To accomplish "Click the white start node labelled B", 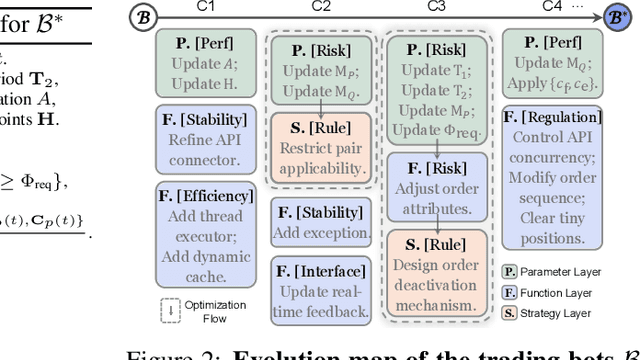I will point(143,16).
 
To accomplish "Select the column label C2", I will point(323,7).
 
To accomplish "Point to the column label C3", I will point(436,7).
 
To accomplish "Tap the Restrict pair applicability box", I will point(322,147).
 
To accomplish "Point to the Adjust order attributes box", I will point(436,187).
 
